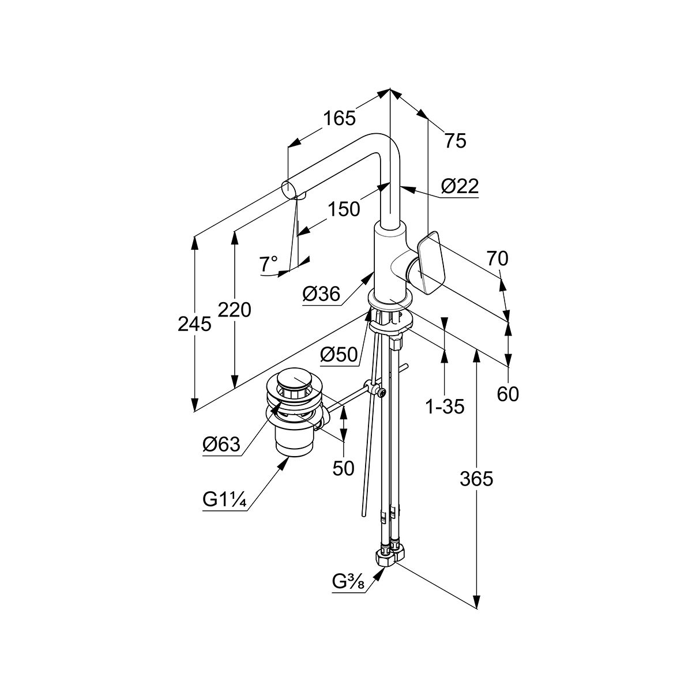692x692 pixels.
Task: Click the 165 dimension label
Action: click(x=339, y=118)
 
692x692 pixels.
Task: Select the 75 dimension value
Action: click(x=456, y=140)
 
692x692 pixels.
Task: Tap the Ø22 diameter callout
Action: click(x=460, y=186)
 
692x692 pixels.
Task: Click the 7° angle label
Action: click(x=269, y=264)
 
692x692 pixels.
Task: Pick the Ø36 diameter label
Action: click(x=321, y=294)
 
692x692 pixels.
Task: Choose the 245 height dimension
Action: click(x=194, y=325)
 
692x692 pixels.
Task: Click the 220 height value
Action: click(x=235, y=310)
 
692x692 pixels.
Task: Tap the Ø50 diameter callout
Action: click(x=339, y=355)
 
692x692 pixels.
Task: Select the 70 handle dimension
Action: click(x=497, y=259)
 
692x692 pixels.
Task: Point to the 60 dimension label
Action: click(x=507, y=394)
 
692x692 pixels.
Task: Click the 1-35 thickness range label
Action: click(x=445, y=407)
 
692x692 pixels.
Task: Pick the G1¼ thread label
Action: click(x=225, y=500)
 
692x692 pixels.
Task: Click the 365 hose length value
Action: click(x=476, y=478)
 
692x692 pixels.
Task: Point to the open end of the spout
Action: click(x=288, y=188)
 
